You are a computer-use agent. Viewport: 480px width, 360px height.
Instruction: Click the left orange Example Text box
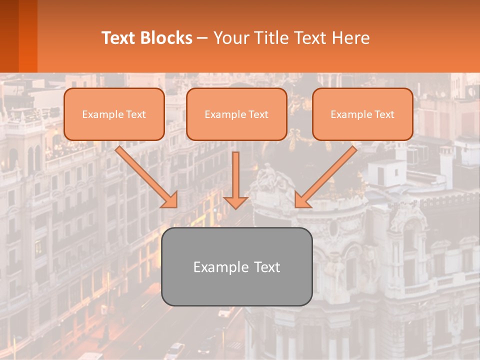pyautogui.click(x=114, y=114)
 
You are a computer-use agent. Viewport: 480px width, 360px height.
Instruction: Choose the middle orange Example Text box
pyautogui.click(x=236, y=114)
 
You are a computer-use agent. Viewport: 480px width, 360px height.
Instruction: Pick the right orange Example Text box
pyautogui.click(x=362, y=114)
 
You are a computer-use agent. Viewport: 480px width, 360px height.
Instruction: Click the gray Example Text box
pyautogui.click(x=236, y=267)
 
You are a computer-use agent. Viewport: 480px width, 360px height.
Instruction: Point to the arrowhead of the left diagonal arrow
pyautogui.click(x=170, y=200)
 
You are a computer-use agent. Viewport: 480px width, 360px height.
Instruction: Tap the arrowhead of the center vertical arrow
pyautogui.click(x=236, y=202)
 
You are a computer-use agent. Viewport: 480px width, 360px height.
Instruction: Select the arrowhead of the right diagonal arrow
pyautogui.click(x=302, y=200)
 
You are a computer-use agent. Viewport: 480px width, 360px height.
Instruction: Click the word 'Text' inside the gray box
pyautogui.click(x=265, y=267)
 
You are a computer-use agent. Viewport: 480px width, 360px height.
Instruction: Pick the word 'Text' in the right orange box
pyautogui.click(x=384, y=114)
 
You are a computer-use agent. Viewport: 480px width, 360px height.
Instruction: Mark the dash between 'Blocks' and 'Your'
pyautogui.click(x=202, y=38)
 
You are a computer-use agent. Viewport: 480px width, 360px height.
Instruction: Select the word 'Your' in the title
pyautogui.click(x=230, y=38)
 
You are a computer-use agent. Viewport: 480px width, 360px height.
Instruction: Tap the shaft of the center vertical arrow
pyautogui.click(x=236, y=172)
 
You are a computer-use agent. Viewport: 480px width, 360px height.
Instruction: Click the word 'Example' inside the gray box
pyautogui.click(x=221, y=267)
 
